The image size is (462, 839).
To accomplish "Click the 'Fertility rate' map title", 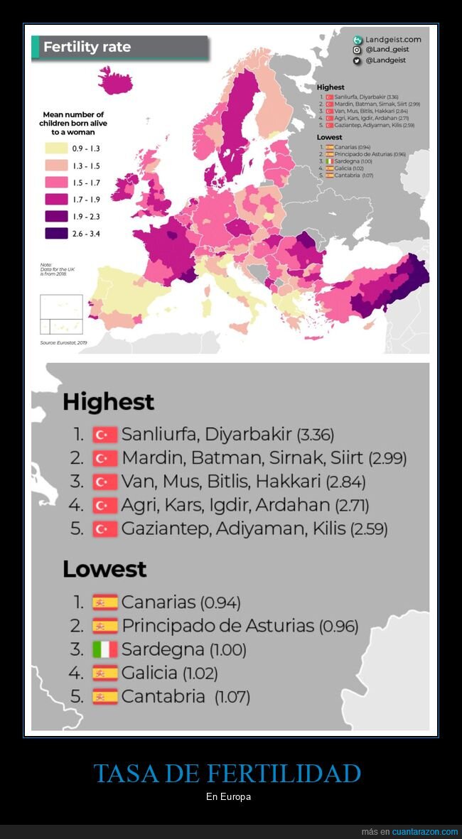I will (x=87, y=48).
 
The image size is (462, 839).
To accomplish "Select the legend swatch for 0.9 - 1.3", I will (x=56, y=148).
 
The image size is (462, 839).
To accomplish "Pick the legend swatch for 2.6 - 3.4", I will (x=56, y=233).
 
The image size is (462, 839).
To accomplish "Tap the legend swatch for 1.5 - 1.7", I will (x=56, y=183).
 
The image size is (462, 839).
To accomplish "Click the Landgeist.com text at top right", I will (x=393, y=40).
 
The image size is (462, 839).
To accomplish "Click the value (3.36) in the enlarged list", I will (x=315, y=435).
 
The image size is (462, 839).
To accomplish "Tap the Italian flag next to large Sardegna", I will (x=104, y=649).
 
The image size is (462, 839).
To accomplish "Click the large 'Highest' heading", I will (x=108, y=402).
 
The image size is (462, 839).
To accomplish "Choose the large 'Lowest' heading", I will (x=104, y=569).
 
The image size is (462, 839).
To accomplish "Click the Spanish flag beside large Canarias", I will (x=104, y=602).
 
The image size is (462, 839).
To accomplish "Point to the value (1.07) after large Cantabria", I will (x=232, y=697).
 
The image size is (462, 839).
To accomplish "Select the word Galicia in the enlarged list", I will (x=149, y=673).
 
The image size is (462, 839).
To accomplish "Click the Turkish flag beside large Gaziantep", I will (x=104, y=529).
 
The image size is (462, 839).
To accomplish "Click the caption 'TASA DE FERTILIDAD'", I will (x=227, y=774).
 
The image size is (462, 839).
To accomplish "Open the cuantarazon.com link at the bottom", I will (x=425, y=832).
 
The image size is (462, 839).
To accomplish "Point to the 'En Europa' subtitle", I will (x=228, y=797).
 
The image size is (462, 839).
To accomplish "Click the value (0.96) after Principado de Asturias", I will (x=338, y=627).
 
